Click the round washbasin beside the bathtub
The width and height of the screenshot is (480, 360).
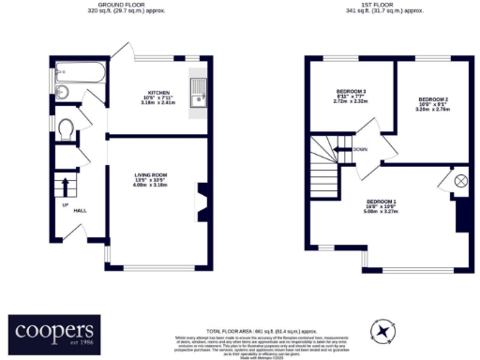(x=61, y=92)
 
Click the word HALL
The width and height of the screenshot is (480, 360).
(x=81, y=210)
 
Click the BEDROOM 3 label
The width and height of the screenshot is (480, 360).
(x=352, y=91)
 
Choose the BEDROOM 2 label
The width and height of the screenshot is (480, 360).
(x=433, y=99)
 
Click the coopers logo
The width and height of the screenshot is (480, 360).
(x=54, y=333)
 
